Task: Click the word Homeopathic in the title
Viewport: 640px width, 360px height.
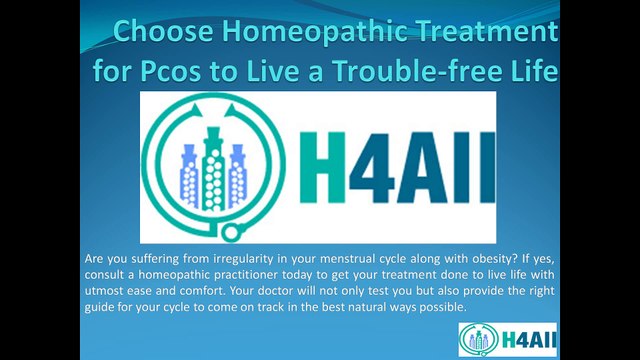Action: click(x=316, y=32)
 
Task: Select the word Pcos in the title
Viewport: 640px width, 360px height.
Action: click(x=171, y=71)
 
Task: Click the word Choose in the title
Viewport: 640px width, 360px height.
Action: click(x=163, y=31)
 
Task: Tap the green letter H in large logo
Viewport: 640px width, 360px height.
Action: click(x=323, y=168)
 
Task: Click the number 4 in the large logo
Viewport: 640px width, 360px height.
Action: click(x=370, y=168)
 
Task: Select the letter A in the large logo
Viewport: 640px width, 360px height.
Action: click(x=423, y=168)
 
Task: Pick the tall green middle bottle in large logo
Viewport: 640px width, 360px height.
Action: click(x=213, y=169)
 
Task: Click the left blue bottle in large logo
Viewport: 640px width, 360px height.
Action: click(x=189, y=176)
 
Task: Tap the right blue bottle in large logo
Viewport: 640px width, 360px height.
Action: click(x=238, y=176)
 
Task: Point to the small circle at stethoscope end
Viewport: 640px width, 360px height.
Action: click(x=231, y=233)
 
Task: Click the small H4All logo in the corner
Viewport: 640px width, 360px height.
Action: click(x=507, y=340)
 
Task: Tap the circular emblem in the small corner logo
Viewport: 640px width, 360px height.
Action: click(x=479, y=340)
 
